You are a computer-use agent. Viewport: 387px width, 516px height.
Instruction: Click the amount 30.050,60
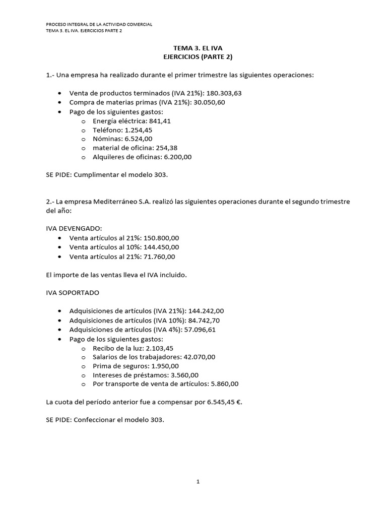[207, 102]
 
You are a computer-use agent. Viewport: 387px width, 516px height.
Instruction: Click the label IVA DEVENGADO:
[74, 229]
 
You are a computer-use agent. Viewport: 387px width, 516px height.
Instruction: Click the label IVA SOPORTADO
[72, 292]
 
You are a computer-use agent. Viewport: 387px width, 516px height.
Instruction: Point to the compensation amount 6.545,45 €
[219, 402]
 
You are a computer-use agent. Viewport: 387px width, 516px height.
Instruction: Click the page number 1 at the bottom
[198, 482]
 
